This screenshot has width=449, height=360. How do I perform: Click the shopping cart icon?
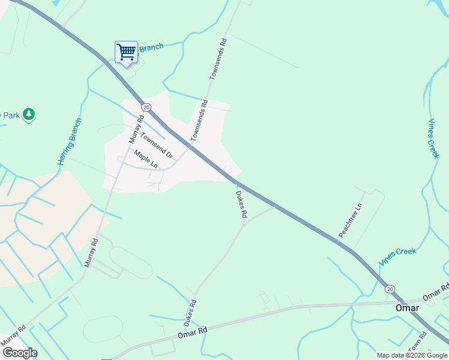tap(126, 52)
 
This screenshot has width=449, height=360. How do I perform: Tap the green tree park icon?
tap(29, 114)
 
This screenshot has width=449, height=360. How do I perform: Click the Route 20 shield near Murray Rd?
tap(146, 107)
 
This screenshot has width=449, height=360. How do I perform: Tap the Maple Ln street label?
tap(145, 158)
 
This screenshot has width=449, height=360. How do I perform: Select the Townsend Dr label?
tap(157, 145)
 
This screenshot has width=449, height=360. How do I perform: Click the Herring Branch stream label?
tap(70, 142)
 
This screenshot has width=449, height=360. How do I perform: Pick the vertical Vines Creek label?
tap(434, 139)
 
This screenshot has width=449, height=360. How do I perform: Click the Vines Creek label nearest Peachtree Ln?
tap(397, 257)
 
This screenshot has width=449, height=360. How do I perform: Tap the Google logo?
tap(20, 353)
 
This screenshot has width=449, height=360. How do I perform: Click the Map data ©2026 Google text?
tap(412, 355)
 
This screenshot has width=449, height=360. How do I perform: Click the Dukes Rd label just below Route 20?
tap(241, 205)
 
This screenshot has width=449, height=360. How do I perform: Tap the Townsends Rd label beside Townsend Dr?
tap(199, 121)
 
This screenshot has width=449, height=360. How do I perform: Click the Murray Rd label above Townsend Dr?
tap(136, 129)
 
